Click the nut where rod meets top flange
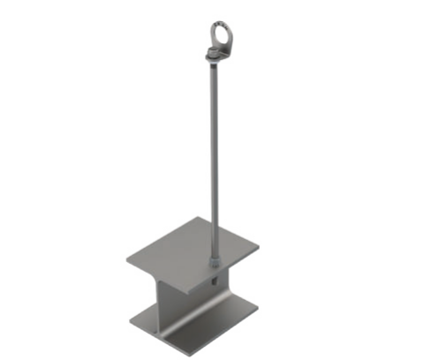coord(217,259)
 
